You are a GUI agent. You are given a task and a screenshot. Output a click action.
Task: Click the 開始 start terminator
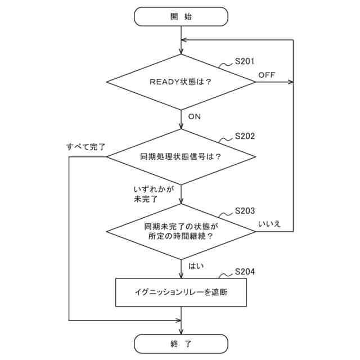point(181,16)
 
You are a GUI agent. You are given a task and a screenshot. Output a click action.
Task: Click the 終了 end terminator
point(181,343)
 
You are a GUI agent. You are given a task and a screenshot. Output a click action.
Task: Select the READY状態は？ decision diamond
point(181,82)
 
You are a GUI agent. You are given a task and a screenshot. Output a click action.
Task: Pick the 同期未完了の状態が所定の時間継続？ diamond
point(181,231)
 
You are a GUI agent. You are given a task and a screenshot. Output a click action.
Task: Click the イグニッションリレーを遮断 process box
point(181,292)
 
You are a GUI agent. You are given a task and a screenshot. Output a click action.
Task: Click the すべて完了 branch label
point(85,147)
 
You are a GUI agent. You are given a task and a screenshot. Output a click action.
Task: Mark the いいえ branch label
point(269,224)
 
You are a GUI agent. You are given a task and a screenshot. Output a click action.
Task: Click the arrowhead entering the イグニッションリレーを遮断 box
point(181,275)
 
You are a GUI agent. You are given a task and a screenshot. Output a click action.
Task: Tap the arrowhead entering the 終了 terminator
point(181,331)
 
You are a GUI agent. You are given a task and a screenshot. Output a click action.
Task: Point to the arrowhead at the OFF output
point(290,82)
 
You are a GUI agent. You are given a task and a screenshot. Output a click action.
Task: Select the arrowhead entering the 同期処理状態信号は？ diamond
point(181,126)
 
